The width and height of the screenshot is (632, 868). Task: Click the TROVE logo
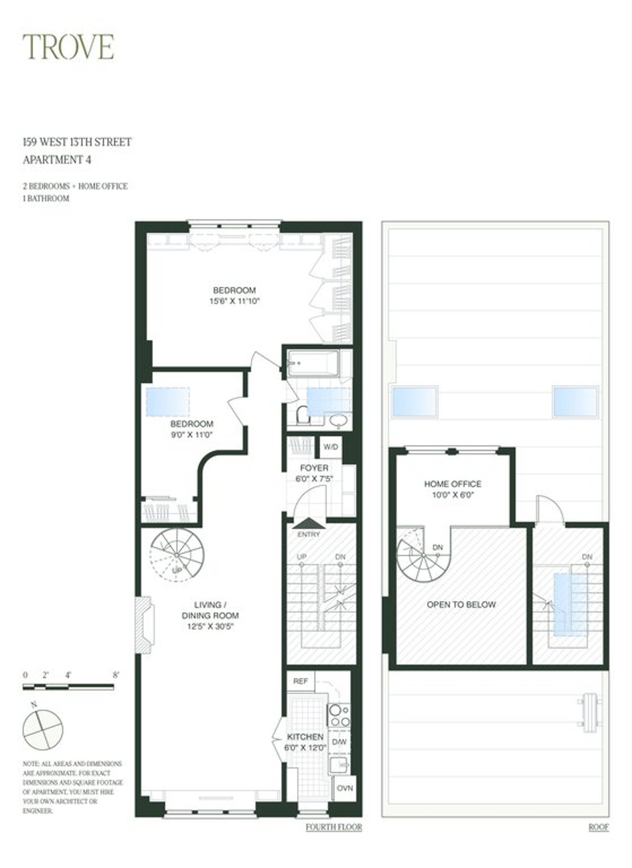(x=68, y=47)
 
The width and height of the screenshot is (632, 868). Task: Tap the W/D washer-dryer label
(x=331, y=447)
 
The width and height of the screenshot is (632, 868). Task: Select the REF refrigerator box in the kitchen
(x=300, y=681)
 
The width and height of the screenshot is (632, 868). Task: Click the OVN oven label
(x=345, y=788)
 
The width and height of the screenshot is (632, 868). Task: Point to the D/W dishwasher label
(x=338, y=742)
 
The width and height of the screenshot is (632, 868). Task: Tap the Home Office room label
(x=452, y=484)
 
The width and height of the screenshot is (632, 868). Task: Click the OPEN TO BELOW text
(x=461, y=605)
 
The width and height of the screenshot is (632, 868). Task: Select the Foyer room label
(x=314, y=468)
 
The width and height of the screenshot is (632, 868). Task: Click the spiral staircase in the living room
(x=176, y=555)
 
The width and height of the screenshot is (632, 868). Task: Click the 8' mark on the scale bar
(x=115, y=675)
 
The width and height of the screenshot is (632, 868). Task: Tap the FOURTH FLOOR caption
(x=334, y=827)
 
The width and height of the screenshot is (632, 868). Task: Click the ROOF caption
(x=598, y=827)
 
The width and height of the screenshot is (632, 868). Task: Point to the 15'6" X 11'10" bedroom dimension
(x=234, y=301)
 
